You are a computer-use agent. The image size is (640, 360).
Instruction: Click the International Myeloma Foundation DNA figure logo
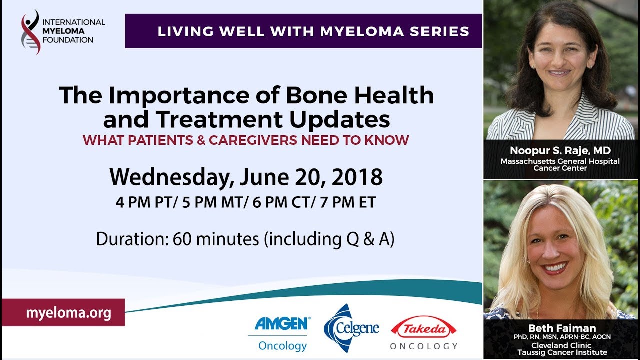(x=31, y=32)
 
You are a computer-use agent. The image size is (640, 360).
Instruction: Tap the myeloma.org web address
(x=69, y=313)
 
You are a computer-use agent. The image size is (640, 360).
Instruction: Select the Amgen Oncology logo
(x=280, y=333)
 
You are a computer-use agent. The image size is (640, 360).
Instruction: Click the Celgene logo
(x=351, y=328)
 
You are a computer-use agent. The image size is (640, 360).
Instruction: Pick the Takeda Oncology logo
(x=424, y=333)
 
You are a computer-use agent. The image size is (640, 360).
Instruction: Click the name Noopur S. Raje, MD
(x=560, y=150)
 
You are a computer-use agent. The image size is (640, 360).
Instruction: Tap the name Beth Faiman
(x=562, y=328)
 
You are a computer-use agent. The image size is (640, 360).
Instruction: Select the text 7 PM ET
(x=348, y=202)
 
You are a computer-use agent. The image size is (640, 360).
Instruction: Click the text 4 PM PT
(x=144, y=202)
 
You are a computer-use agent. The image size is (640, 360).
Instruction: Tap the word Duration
(x=132, y=239)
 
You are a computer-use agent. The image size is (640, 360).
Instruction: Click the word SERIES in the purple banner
(x=439, y=31)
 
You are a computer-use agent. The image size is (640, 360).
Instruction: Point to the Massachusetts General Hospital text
(x=560, y=161)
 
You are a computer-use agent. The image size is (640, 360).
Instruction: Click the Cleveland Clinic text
(x=561, y=345)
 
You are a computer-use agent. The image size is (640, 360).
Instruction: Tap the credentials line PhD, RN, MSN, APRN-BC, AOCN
(x=562, y=337)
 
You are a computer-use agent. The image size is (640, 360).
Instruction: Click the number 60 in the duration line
(x=182, y=239)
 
